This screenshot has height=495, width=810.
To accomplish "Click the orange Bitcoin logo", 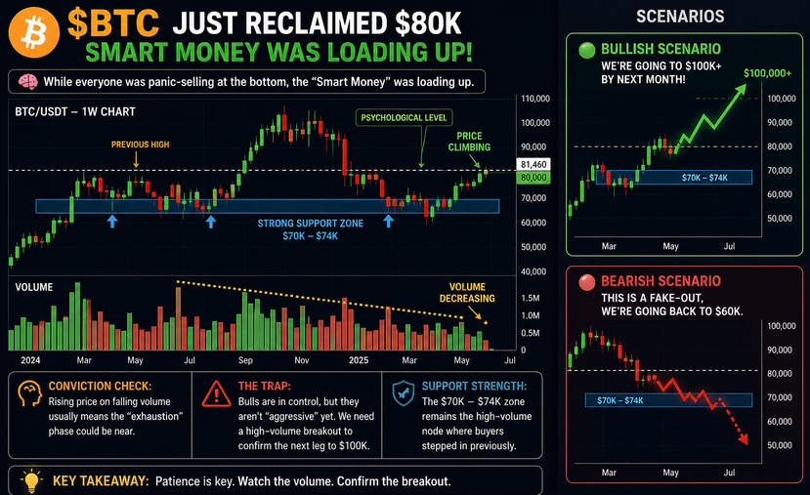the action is click(34, 32).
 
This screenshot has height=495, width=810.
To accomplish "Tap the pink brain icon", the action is click(28, 82).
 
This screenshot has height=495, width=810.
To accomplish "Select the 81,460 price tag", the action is click(533, 164).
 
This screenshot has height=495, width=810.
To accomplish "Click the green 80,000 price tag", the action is click(533, 178).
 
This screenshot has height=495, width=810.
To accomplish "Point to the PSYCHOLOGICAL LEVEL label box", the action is click(404, 118).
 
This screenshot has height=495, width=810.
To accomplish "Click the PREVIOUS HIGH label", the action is click(140, 144).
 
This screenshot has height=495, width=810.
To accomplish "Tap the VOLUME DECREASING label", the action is click(467, 293).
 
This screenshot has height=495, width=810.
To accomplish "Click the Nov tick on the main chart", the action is click(302, 359).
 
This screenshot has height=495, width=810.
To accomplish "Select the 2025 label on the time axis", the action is click(359, 359).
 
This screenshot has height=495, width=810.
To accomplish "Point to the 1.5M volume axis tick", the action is click(530, 298).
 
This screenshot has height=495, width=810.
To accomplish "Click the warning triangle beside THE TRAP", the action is click(216, 394).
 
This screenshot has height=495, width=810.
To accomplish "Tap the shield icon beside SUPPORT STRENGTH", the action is click(403, 393).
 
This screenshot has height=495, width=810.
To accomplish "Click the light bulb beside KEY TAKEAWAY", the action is click(31, 480).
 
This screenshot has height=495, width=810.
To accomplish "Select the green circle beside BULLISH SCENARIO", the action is click(587, 50).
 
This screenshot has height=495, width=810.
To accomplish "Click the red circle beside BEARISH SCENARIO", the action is click(587, 282).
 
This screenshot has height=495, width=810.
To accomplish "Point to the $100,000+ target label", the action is click(767, 73).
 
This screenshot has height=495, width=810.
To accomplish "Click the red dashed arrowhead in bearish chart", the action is click(743, 438).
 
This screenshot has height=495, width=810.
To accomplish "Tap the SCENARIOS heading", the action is click(680, 17).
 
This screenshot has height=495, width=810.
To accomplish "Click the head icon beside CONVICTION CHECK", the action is click(29, 393).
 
